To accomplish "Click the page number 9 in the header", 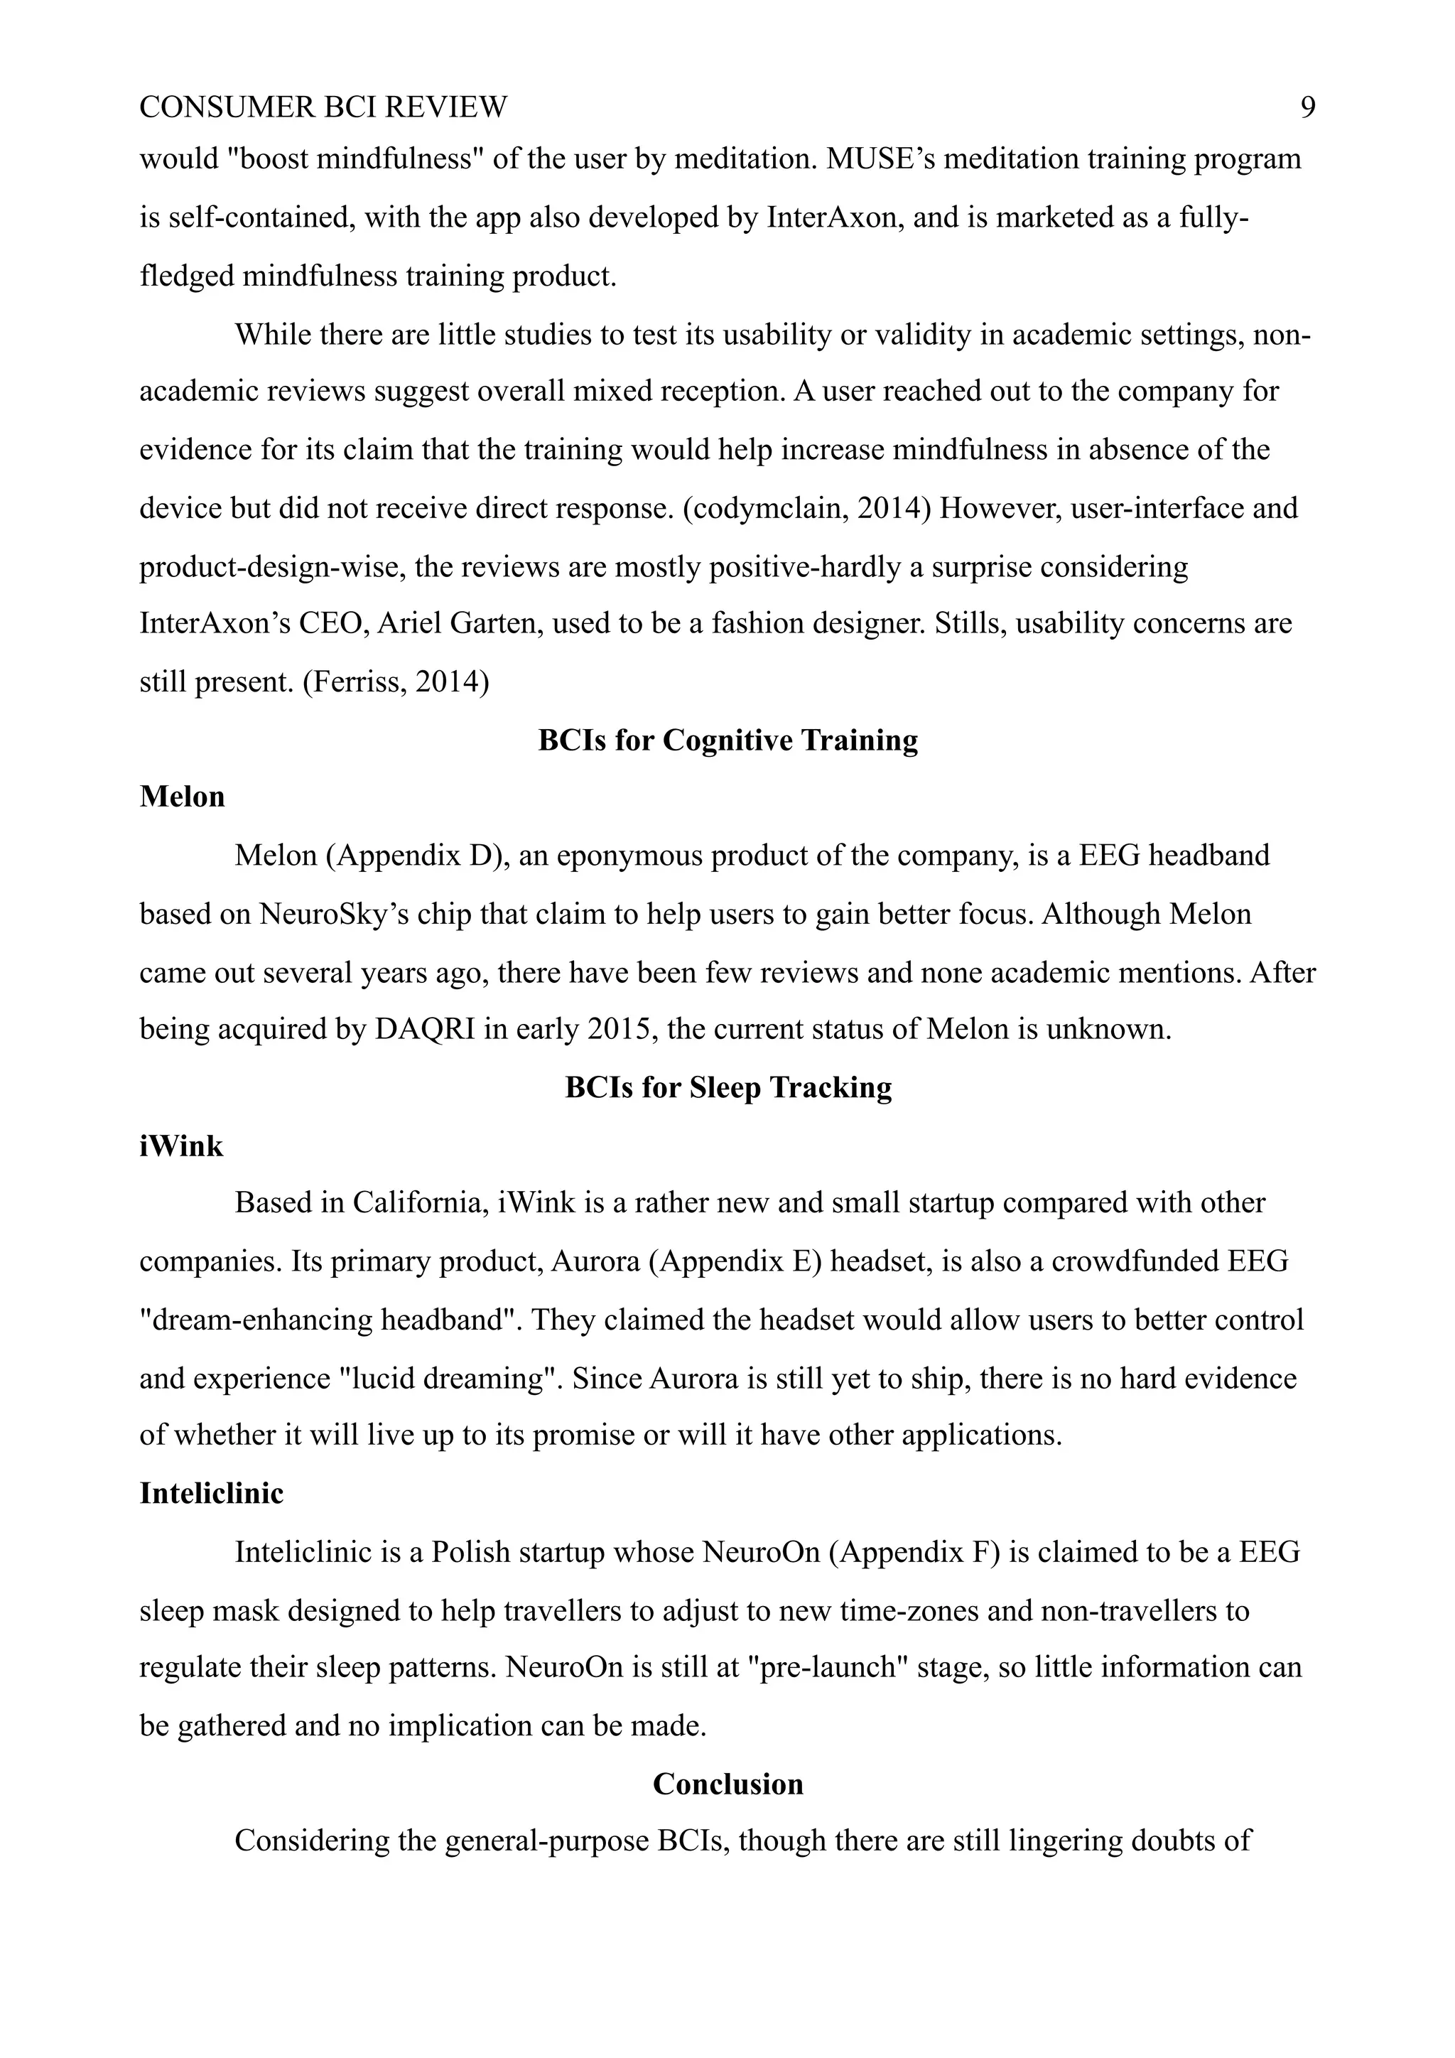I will click(x=1307, y=107).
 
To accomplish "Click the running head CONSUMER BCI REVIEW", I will click(x=323, y=107).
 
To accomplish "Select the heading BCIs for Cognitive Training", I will click(x=727, y=740).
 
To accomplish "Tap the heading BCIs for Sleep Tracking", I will click(x=727, y=1087).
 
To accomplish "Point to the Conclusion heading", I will click(x=727, y=1784).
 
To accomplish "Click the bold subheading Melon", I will click(x=182, y=797).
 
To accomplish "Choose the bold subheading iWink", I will click(x=181, y=1146).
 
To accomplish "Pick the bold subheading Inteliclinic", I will click(x=212, y=1493).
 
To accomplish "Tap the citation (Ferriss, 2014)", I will click(x=396, y=682).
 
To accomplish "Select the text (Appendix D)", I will click(x=418, y=856).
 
